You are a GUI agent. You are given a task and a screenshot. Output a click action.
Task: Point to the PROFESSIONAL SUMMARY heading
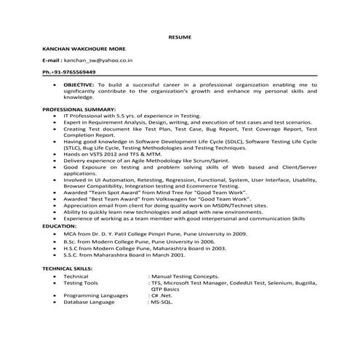[79, 109]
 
